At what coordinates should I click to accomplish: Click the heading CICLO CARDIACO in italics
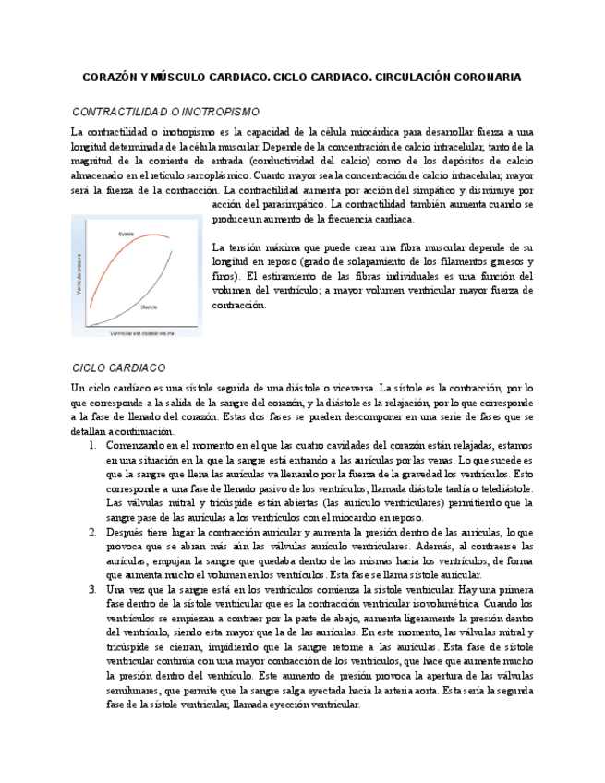tap(118, 367)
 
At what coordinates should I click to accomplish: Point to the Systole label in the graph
tap(126, 233)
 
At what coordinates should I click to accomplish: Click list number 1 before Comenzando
tap(92, 446)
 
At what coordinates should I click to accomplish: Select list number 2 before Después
tap(92, 533)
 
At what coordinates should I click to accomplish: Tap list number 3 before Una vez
tap(92, 589)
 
